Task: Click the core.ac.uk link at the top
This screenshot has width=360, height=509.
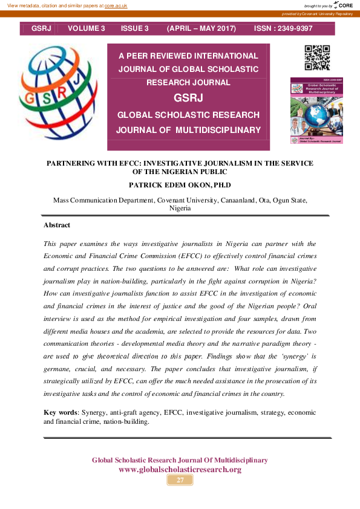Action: pyautogui.click(x=116, y=5)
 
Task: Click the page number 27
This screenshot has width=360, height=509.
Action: pyautogui.click(x=180, y=480)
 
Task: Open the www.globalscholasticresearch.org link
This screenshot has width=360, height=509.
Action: pyautogui.click(x=180, y=470)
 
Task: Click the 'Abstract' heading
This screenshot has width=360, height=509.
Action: pyautogui.click(x=57, y=225)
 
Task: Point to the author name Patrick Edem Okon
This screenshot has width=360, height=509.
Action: pyautogui.click(x=180, y=184)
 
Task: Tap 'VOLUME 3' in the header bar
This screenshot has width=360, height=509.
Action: pyautogui.click(x=87, y=28)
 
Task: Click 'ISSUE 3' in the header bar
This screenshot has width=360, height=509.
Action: pyautogui.click(x=134, y=28)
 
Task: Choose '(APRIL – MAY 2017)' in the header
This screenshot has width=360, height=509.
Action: pyautogui.click(x=201, y=28)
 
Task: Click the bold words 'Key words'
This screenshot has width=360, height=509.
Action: pyautogui.click(x=61, y=412)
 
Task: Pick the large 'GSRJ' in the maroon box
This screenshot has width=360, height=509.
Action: pyautogui.click(x=188, y=99)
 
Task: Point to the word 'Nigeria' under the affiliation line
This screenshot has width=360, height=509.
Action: pyautogui.click(x=180, y=208)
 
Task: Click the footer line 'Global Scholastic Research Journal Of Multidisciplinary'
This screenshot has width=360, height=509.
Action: pyautogui.click(x=180, y=460)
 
